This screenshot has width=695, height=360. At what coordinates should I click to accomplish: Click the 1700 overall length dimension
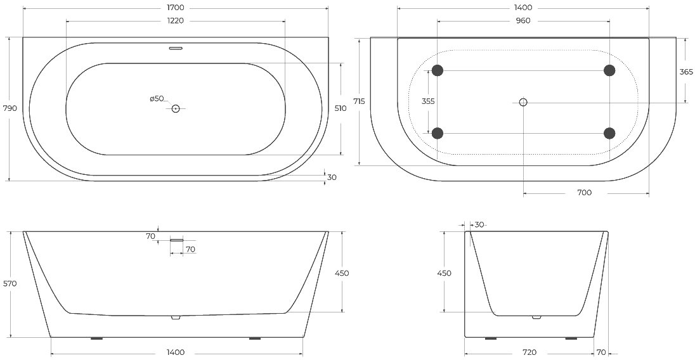(x=176, y=8)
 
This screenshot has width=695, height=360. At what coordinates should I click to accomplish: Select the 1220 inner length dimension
(x=176, y=21)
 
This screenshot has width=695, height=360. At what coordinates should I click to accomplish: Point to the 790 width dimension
(x=10, y=108)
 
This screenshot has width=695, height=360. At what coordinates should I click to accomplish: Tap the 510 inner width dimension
(x=341, y=108)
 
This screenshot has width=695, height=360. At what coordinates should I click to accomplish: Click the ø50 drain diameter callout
(x=157, y=99)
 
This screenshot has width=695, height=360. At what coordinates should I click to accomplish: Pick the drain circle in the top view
(x=176, y=108)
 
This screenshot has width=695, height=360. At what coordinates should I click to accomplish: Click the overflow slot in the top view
(x=176, y=48)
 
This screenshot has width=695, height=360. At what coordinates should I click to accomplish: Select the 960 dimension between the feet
(x=523, y=21)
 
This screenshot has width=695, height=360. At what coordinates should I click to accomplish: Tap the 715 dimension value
(x=360, y=101)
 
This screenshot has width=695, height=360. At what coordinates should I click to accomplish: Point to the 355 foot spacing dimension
(x=428, y=101)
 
